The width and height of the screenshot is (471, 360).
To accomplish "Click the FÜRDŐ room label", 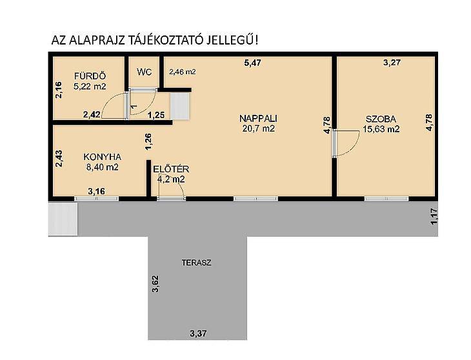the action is pyautogui.click(x=90, y=76).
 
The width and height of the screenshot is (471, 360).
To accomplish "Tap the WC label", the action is pyautogui.click(x=144, y=72).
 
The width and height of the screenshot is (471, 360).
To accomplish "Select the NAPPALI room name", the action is pyautogui.click(x=258, y=118).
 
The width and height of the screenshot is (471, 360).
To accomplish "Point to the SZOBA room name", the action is pyautogui.click(x=381, y=119).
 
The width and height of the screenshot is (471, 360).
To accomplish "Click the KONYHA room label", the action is pyautogui.click(x=102, y=157).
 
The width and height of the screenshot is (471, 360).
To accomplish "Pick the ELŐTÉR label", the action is pyautogui.click(x=171, y=169).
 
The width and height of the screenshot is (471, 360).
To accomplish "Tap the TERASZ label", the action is pyautogui.click(x=196, y=263).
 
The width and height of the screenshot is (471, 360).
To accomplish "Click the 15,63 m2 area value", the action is pyautogui.click(x=381, y=129).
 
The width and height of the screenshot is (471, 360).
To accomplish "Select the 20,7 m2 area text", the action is pyautogui.click(x=258, y=128).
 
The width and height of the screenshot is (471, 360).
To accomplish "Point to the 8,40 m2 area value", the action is pyautogui.click(x=103, y=167).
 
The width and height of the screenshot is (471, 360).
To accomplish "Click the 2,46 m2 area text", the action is pyautogui.click(x=183, y=72).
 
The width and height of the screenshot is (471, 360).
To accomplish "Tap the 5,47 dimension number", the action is pyautogui.click(x=252, y=63).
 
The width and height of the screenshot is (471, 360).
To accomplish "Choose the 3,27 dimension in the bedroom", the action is pyautogui.click(x=392, y=63).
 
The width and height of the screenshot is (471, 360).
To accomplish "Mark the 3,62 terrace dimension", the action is pyautogui.click(x=155, y=284).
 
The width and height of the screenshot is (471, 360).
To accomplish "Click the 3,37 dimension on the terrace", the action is pyautogui.click(x=198, y=334).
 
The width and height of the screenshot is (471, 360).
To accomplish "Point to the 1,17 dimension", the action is pyautogui.click(x=434, y=217).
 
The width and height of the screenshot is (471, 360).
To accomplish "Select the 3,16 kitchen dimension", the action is pyautogui.click(x=96, y=191).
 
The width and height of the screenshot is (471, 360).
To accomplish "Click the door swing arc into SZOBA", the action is pyautogui.click(x=347, y=143).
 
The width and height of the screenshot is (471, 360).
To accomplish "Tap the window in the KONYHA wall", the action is pyautogui.click(x=96, y=199).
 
